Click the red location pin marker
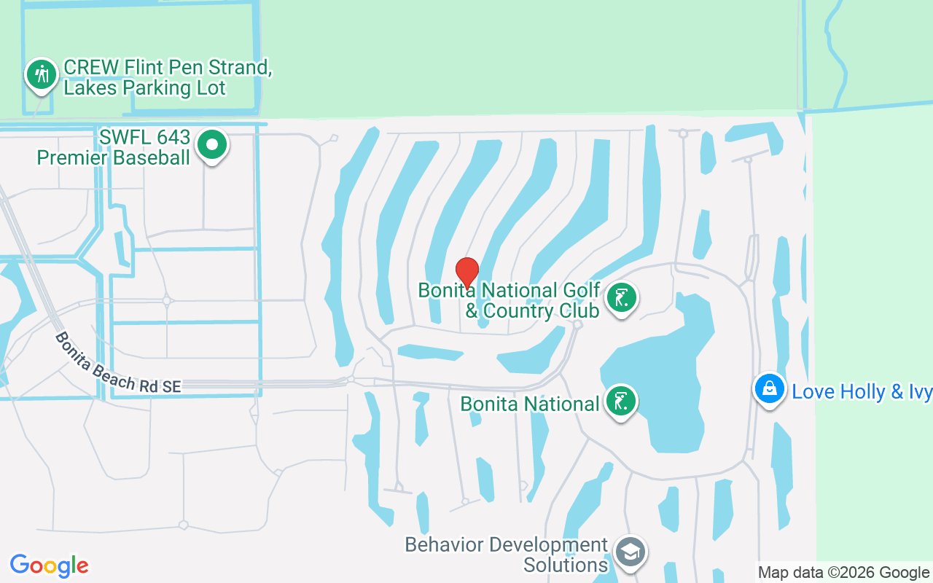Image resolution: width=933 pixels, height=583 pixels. (x=466, y=272)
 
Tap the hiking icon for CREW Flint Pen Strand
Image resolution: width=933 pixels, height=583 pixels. (x=42, y=75)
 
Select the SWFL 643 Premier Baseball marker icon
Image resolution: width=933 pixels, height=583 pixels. (x=212, y=145)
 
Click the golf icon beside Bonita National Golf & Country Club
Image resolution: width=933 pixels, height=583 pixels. (x=621, y=298)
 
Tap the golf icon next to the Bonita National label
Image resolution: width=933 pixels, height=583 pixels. (x=621, y=402)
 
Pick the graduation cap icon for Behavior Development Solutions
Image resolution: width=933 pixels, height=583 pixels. (x=629, y=552)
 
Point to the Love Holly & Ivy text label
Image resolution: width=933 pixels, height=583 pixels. (x=862, y=392)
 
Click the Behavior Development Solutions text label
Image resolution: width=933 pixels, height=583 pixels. (x=507, y=555)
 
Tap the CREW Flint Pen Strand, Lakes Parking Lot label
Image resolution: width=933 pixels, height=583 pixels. (x=167, y=78)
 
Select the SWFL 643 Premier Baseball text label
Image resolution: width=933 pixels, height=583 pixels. (x=114, y=148)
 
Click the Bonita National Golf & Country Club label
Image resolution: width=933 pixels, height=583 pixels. (x=509, y=301)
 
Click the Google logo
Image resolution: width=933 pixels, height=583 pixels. (x=49, y=566)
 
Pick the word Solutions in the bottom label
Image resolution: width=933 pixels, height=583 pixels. (x=566, y=565)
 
